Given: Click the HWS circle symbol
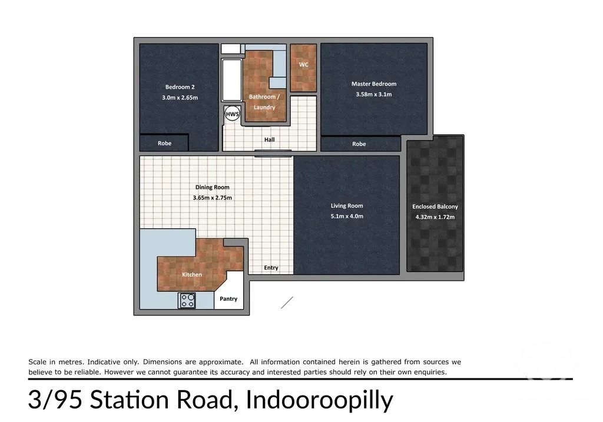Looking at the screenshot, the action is coord(232,114).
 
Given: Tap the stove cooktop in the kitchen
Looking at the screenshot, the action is coord(187,301).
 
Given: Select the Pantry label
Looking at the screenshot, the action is coord(228,298).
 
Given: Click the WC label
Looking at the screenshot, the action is coord(303,65).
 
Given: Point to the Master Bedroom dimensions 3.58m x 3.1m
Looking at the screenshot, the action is coord(374,94).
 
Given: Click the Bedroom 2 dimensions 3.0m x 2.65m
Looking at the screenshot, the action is coord(180,98).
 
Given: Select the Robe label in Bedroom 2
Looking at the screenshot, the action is coord(165,143).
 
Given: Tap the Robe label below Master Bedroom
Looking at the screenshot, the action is coord(359,144).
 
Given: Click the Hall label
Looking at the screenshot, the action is coord(269,139).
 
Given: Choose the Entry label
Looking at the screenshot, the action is coord(271,267).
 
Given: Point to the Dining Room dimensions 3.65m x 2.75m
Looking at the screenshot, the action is coord(212,198).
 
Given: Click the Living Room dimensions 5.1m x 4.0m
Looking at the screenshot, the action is coord(347,217).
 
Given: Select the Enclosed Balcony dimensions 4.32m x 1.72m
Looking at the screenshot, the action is coord(435,217).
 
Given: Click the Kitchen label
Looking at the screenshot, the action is coord(192,274).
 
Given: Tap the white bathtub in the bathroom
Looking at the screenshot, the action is coord(232,80).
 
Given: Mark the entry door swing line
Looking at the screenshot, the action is coord(287,303).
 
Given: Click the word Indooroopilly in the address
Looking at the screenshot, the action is coord(319,400).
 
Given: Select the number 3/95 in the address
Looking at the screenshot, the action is coord(55,400).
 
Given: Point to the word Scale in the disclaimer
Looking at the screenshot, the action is coord(37,361).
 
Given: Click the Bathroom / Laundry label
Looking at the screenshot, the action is coord(264,102).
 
